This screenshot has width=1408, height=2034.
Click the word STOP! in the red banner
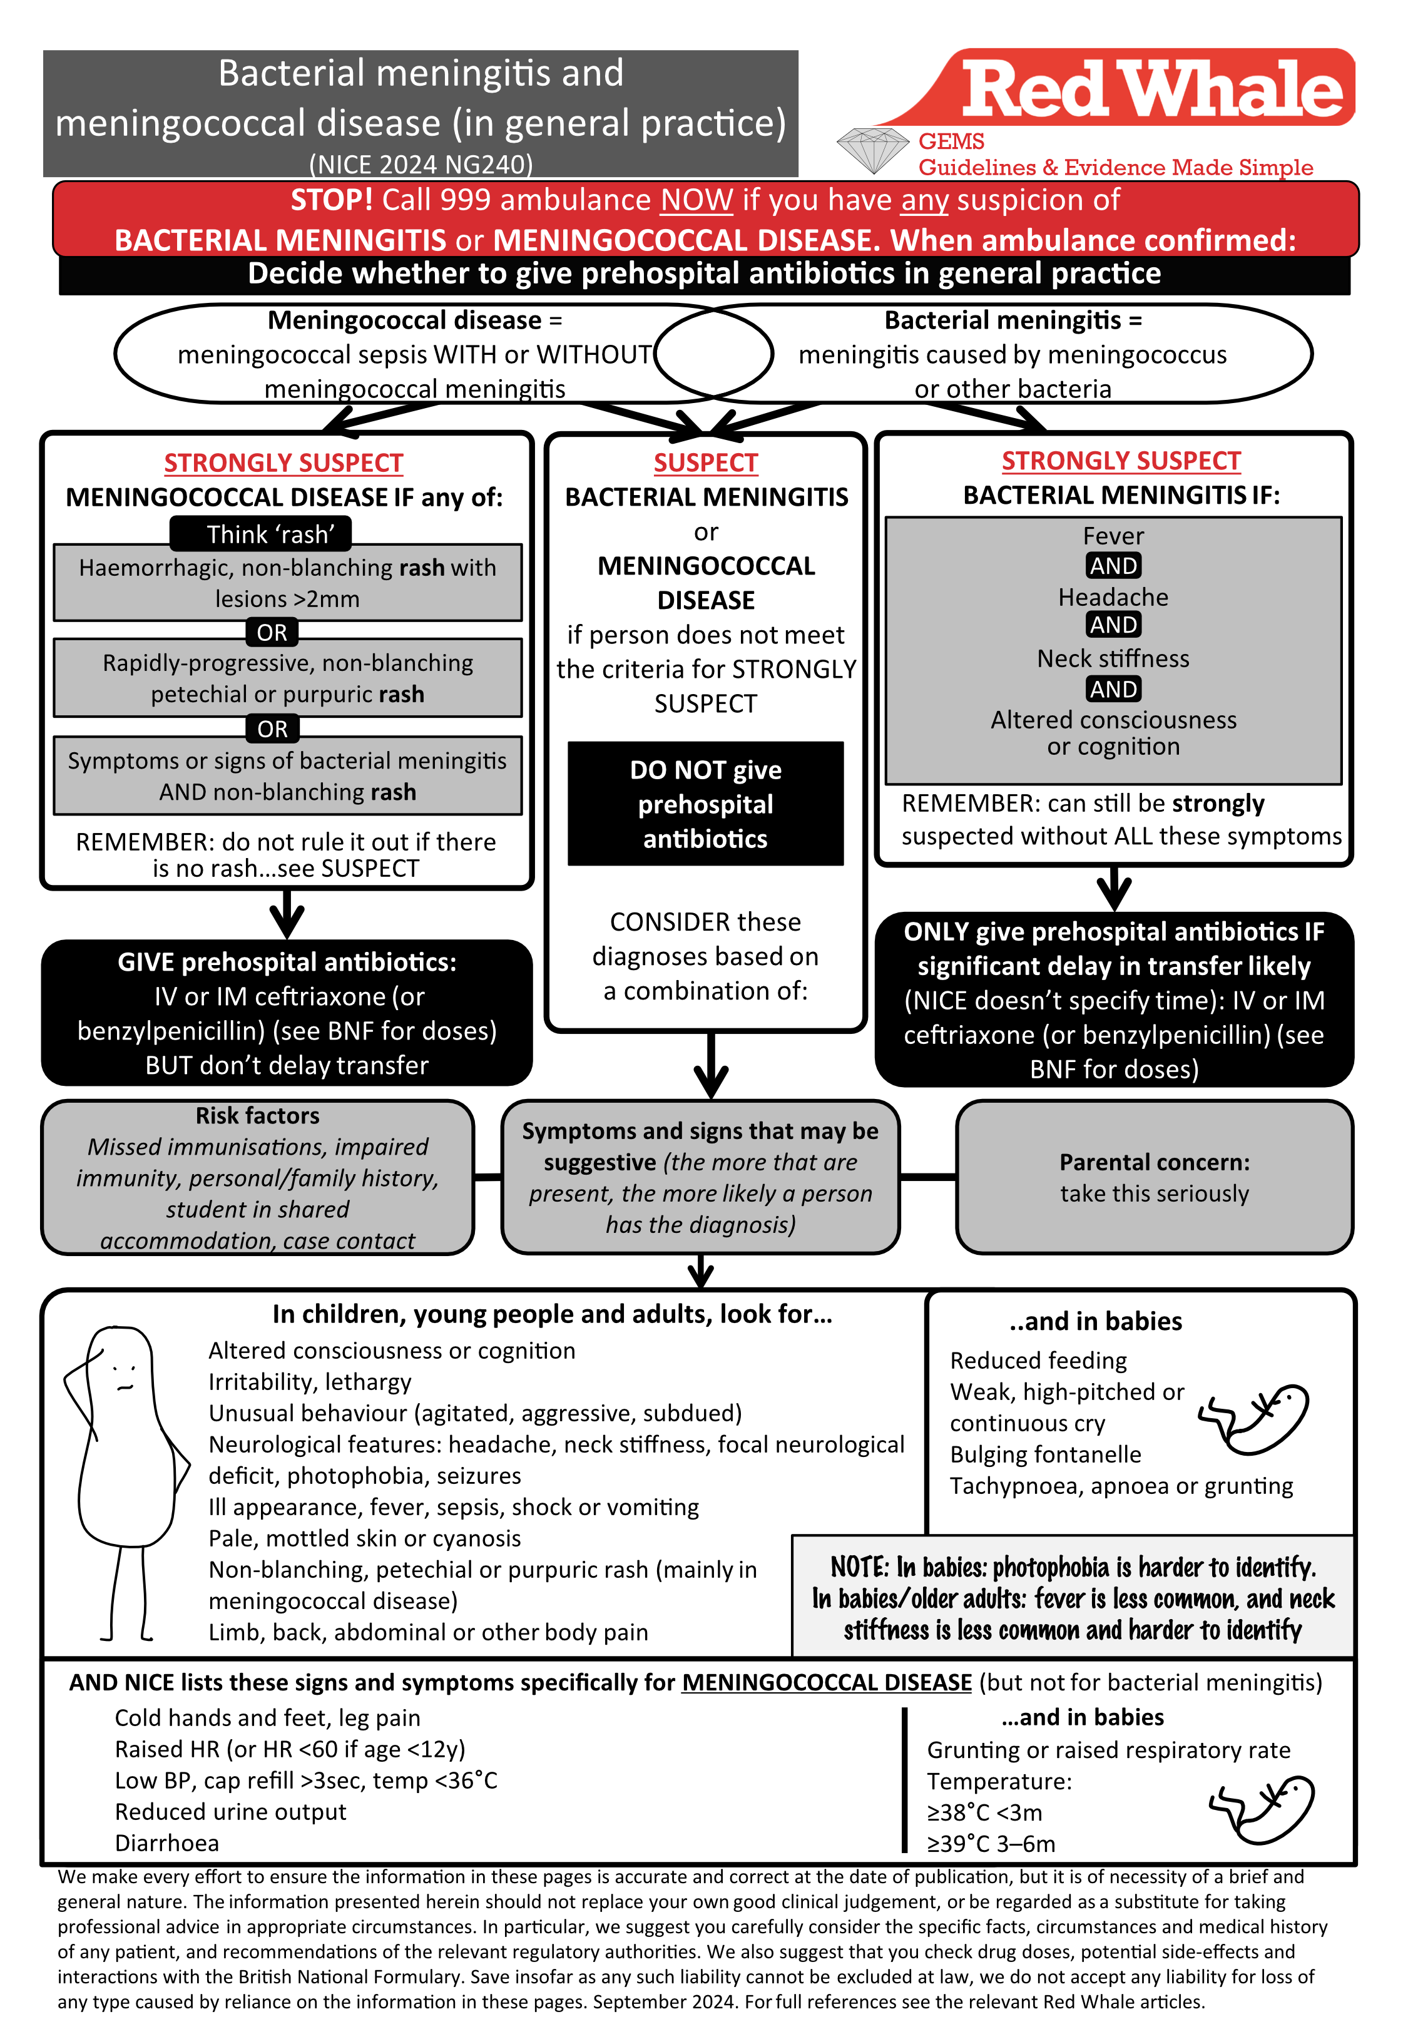tap(332, 200)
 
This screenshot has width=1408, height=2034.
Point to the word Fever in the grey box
tap(1113, 536)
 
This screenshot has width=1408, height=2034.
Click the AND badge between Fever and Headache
tap(1113, 565)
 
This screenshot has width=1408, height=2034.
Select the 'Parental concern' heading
tap(1154, 1163)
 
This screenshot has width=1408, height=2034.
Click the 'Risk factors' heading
tap(258, 1116)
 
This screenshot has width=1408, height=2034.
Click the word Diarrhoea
tap(166, 1844)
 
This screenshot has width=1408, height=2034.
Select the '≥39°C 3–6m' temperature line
tap(990, 1844)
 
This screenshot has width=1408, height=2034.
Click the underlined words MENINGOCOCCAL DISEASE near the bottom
tap(827, 1683)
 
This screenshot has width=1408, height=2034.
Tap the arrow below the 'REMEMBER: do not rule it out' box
tap(287, 914)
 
